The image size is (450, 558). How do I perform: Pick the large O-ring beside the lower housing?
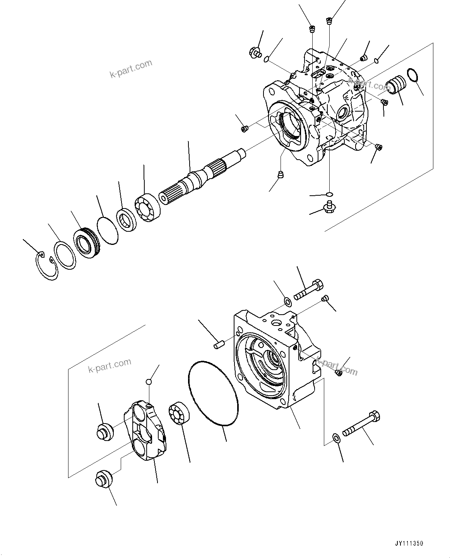coord(213,394)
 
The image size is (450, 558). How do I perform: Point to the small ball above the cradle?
coord(149,382)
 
